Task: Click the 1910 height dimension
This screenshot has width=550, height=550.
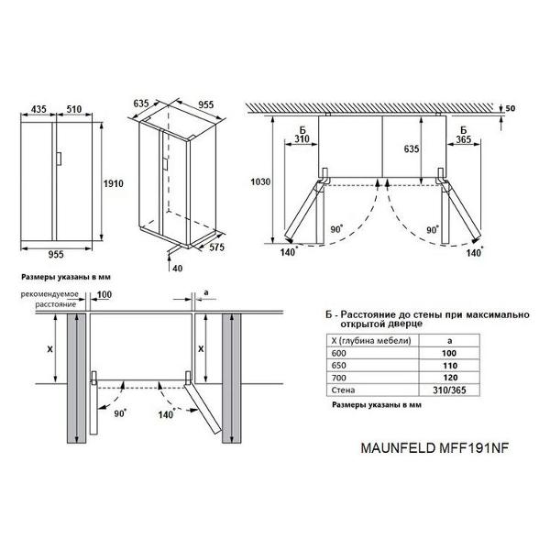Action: (113, 183)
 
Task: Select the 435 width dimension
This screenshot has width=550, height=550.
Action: (38, 109)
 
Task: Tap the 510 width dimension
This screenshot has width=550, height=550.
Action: (74, 109)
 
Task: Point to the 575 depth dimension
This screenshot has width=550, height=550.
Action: (216, 247)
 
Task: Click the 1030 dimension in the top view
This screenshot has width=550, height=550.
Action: (260, 181)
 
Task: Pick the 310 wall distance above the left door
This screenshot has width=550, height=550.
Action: (302, 139)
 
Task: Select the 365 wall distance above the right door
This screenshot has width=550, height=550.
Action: (463, 139)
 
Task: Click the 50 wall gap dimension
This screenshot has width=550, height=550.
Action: (511, 108)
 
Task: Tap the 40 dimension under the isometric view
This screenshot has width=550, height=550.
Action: (178, 269)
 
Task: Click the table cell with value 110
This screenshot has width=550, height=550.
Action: (450, 366)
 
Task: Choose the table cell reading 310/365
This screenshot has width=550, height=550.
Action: (449, 390)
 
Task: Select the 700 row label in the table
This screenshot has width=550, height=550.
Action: (339, 378)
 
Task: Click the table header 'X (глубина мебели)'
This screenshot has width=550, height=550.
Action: (371, 341)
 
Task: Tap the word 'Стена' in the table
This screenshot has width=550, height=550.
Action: (343, 390)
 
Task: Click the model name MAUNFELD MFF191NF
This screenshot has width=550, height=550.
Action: (434, 448)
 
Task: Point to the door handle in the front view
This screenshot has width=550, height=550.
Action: (59, 159)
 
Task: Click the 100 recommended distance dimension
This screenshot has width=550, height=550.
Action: (104, 294)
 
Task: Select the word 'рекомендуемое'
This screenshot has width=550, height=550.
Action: (49, 294)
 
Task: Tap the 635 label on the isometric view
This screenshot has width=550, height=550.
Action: (141, 104)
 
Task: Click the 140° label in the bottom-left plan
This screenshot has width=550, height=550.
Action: (166, 414)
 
